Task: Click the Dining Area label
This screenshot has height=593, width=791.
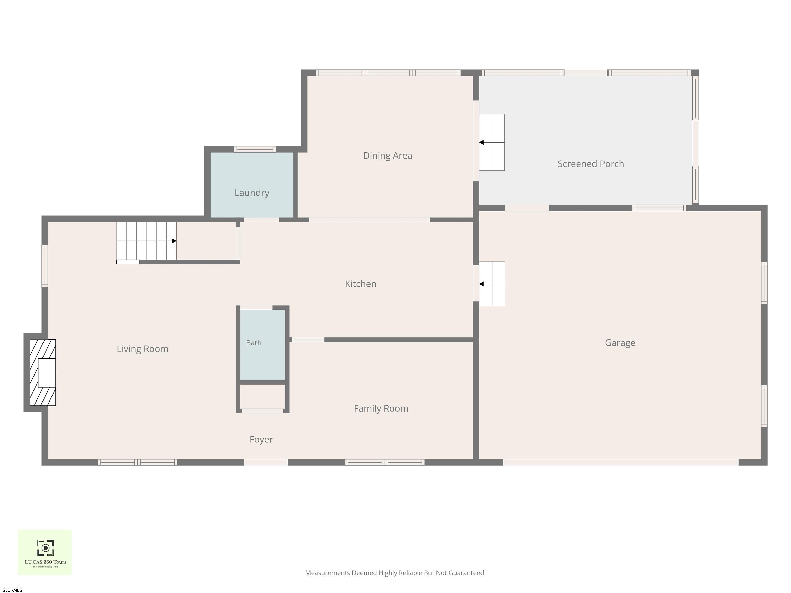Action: [388, 155]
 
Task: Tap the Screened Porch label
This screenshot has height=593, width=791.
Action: [591, 164]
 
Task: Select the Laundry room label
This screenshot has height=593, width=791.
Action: [252, 193]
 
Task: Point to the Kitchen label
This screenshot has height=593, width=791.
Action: [360, 284]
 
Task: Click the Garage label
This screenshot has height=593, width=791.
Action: [620, 343]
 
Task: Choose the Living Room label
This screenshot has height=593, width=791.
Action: [142, 349]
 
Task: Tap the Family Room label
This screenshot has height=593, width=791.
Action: [381, 408]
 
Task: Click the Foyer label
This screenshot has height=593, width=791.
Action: [261, 439]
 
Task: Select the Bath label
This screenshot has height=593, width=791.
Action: [254, 343]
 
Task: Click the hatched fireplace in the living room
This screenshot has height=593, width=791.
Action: [42, 372]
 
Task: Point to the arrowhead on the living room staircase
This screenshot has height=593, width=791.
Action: [174, 241]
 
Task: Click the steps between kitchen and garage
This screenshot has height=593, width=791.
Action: [492, 284]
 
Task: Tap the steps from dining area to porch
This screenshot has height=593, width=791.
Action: [492, 142]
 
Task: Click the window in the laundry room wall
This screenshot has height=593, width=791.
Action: [255, 149]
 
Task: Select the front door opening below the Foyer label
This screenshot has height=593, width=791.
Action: [266, 462]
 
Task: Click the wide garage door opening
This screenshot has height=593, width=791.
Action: [621, 462]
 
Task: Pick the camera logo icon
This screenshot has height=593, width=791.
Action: [45, 548]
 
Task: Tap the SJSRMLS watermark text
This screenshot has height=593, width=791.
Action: [13, 590]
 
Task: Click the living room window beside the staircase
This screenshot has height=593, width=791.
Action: [45, 266]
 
